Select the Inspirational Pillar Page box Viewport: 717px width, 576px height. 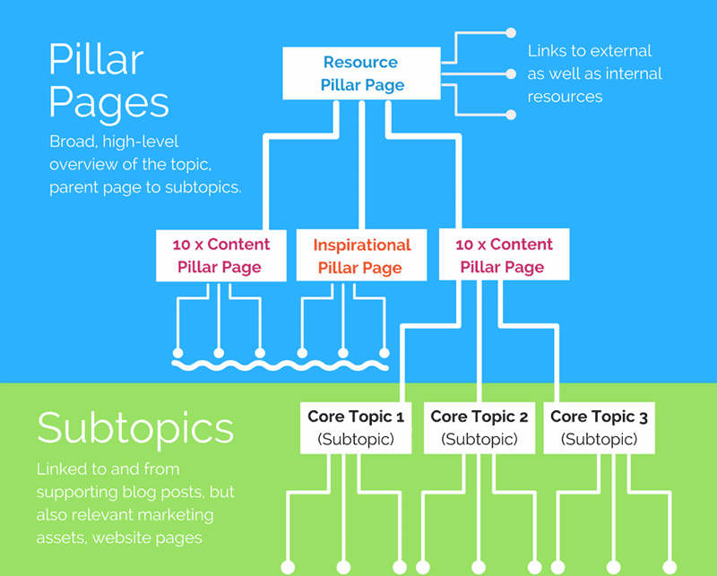[x=361, y=255]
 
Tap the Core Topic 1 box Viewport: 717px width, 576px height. [x=356, y=427]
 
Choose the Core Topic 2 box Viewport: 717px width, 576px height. [x=479, y=427]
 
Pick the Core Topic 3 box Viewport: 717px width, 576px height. [x=599, y=427]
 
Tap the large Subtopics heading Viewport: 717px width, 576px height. [x=134, y=427]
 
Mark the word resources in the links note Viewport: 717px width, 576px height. [x=565, y=96]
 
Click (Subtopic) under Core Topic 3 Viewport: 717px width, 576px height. [x=599, y=439]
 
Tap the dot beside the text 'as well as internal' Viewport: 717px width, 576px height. [x=511, y=73]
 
